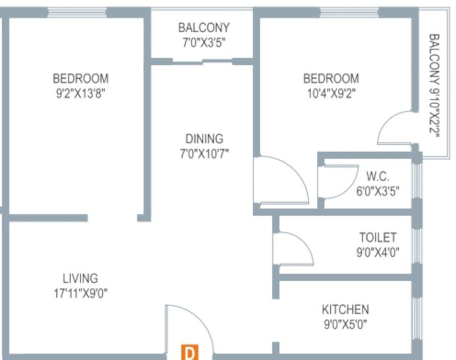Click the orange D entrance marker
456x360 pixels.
190,352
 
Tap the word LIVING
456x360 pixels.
81,278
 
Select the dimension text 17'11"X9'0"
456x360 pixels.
81,293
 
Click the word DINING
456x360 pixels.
204,139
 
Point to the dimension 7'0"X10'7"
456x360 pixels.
204,153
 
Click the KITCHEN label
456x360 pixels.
345,309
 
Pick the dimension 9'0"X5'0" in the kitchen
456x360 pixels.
345,324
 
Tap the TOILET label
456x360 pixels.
378,237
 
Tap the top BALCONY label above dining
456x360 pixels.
204,28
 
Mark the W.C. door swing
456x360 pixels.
338,182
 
